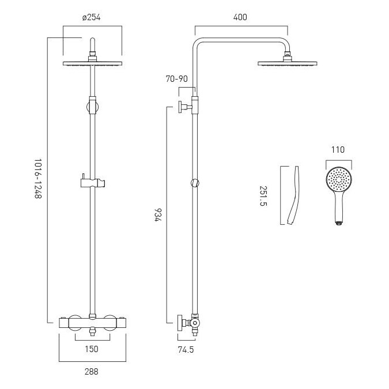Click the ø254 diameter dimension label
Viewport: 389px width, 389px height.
coord(91,18)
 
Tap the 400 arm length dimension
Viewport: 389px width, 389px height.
coord(240,17)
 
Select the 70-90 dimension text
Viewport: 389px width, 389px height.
coord(177,79)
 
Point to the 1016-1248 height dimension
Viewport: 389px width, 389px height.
coord(38,179)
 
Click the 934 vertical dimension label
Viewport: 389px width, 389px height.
coord(158,215)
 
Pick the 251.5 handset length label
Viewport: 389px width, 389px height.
coord(263,196)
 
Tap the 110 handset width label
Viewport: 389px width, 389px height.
coord(338,150)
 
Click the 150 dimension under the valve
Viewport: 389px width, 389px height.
coord(92,349)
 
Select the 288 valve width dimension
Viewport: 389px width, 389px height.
coord(92,372)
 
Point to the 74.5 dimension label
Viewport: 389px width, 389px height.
coord(186,350)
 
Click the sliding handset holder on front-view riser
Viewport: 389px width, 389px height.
coord(93,182)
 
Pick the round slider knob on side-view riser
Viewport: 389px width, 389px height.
coord(195,183)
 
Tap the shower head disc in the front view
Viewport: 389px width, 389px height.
coord(93,63)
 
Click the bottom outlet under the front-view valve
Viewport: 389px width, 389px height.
coord(93,331)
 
